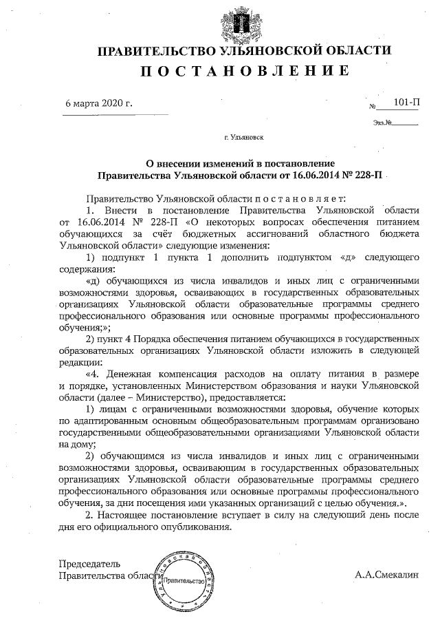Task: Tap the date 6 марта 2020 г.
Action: point(98,104)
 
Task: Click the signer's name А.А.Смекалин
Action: point(386,575)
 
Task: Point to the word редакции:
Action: point(80,363)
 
